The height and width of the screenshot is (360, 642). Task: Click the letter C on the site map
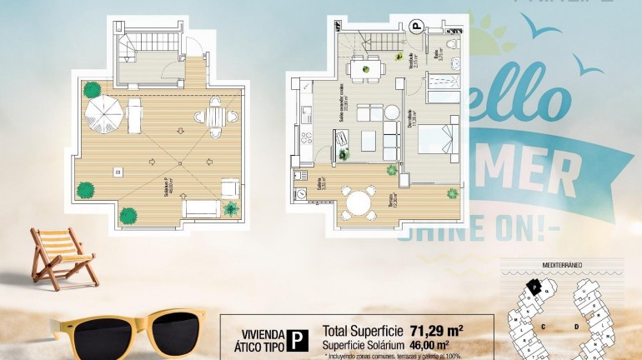pos(543,326)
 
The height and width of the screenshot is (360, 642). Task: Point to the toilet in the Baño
pos(451,44)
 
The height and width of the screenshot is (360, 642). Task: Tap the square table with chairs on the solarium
pos(215,117)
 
